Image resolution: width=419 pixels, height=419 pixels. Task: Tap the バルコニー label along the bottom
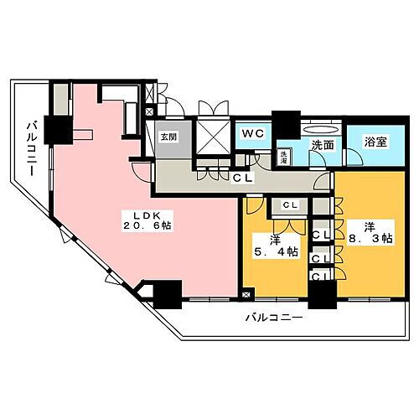[x=274, y=318]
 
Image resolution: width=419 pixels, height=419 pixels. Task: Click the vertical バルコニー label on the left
[x=30, y=147]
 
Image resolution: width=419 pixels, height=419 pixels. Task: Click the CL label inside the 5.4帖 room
[x=291, y=205]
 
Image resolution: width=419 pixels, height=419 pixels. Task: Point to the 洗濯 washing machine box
[x=285, y=156]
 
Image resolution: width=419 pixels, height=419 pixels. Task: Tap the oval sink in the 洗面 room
[x=322, y=130]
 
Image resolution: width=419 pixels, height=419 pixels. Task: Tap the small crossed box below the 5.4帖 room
[x=245, y=294]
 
